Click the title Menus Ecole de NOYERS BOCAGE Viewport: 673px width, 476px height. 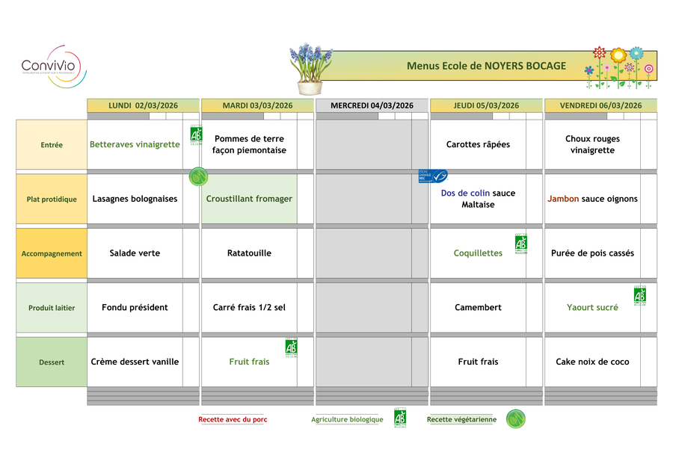(486, 66)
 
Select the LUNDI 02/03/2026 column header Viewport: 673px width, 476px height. (143, 105)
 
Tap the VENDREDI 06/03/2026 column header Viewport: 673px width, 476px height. (601, 105)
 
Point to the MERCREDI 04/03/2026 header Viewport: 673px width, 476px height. (372, 105)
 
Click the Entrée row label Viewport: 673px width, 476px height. (52, 145)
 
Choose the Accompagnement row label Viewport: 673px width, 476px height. (52, 253)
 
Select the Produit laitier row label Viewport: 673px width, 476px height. (52, 308)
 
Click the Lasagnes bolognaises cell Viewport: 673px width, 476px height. (135, 199)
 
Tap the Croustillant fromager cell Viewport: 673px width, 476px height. (249, 199)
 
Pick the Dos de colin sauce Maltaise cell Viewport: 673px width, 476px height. (478, 199)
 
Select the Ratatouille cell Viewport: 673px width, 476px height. (249, 253)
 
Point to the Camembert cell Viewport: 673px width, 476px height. (478, 307)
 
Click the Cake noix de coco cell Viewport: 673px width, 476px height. (592, 362)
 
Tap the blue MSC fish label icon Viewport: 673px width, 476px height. (433, 176)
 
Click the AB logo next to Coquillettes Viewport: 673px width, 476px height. (521, 243)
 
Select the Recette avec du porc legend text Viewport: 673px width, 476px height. (233, 420)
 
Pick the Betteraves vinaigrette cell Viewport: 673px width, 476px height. (135, 144)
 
